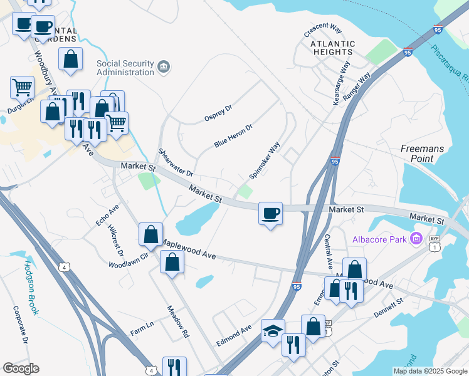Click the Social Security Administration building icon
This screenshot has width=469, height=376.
pyautogui.click(x=164, y=66)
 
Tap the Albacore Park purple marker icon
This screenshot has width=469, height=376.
pyautogui.click(x=415, y=238)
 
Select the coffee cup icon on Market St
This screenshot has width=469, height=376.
pyautogui.click(x=270, y=214)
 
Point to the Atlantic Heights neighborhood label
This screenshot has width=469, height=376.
pyautogui.click(x=332, y=48)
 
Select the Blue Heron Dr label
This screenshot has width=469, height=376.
pyautogui.click(x=233, y=135)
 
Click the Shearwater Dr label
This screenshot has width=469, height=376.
pyautogui.click(x=176, y=162)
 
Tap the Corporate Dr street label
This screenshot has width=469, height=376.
pyautogui.click(x=21, y=325)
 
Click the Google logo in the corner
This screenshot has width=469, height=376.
pyautogui.click(x=21, y=368)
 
